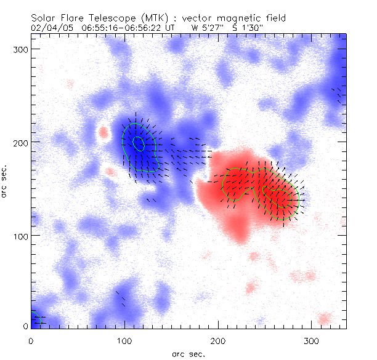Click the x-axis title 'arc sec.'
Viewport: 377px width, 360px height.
tap(188, 354)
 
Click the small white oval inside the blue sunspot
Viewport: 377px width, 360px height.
tap(139, 143)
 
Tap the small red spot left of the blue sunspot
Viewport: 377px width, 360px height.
tap(103, 131)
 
